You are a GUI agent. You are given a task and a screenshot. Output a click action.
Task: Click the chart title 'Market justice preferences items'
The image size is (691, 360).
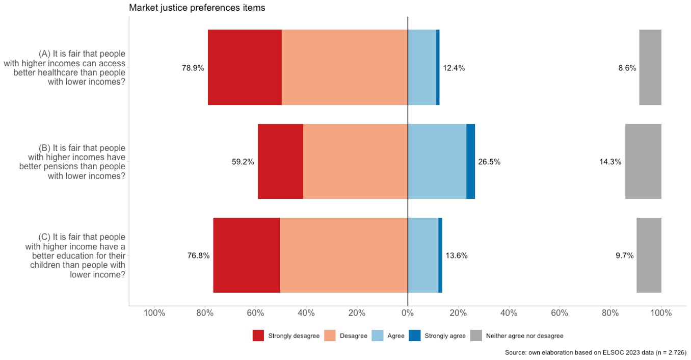tap(197, 8)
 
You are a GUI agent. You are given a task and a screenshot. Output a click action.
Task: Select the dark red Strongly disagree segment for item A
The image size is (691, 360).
tap(245, 67)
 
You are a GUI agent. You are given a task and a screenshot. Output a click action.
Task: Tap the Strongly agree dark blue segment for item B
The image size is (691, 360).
tap(470, 161)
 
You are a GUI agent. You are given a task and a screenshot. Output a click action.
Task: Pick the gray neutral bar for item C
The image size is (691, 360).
tap(649, 255)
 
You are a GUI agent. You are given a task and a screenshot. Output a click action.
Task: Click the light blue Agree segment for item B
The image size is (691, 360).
tap(437, 161)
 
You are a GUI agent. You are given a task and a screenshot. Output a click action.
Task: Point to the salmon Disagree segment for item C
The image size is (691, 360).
tap(343, 255)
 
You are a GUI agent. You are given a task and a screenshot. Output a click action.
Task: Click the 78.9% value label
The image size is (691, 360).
tap(193, 68)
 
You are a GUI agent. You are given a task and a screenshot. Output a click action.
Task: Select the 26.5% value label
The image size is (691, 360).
tap(489, 162)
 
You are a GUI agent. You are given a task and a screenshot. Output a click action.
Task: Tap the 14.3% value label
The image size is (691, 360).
tap(610, 162)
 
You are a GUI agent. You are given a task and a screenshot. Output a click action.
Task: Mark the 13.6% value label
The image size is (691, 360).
tap(456, 255)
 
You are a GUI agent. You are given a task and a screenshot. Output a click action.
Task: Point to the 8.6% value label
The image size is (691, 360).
tap(627, 68)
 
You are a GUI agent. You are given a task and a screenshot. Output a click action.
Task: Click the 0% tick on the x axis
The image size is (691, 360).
tap(408, 313)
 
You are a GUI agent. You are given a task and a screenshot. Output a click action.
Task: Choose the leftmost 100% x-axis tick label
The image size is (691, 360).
tap(154, 313)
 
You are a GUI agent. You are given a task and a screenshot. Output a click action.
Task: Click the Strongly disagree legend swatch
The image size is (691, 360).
tap(258, 336)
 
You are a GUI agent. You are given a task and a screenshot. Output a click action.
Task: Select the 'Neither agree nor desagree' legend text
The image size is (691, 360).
tap(524, 336)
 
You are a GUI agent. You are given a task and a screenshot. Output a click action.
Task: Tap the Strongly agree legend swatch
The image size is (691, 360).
tap(415, 336)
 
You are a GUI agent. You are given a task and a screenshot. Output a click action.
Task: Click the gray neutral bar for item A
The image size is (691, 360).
tap(650, 67)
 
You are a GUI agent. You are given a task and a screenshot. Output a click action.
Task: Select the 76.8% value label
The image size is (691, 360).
tap(198, 255)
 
